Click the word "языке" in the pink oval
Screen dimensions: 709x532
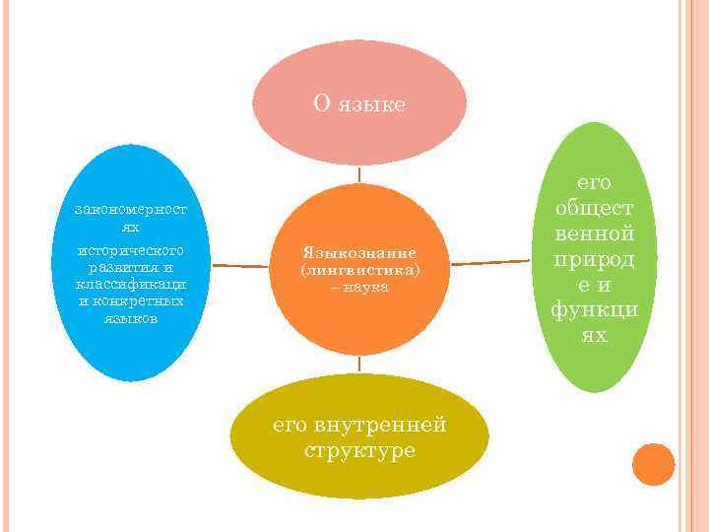point(371,103)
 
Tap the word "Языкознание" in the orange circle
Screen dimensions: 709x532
point(359,251)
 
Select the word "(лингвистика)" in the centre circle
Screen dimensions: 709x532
point(359,268)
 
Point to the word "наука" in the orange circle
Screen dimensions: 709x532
point(366,286)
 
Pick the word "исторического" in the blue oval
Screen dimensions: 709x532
point(131,250)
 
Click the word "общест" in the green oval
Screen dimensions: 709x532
point(594,208)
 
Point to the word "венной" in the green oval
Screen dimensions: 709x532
point(594,233)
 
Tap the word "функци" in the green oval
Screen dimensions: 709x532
point(594,310)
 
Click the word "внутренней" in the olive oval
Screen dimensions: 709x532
point(380,425)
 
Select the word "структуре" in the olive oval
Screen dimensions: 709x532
point(359,451)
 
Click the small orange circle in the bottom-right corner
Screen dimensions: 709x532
point(653,464)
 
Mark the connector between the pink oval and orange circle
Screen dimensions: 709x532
point(359,173)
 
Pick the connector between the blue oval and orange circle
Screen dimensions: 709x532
point(240,265)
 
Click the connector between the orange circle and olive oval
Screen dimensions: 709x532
point(359,364)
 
